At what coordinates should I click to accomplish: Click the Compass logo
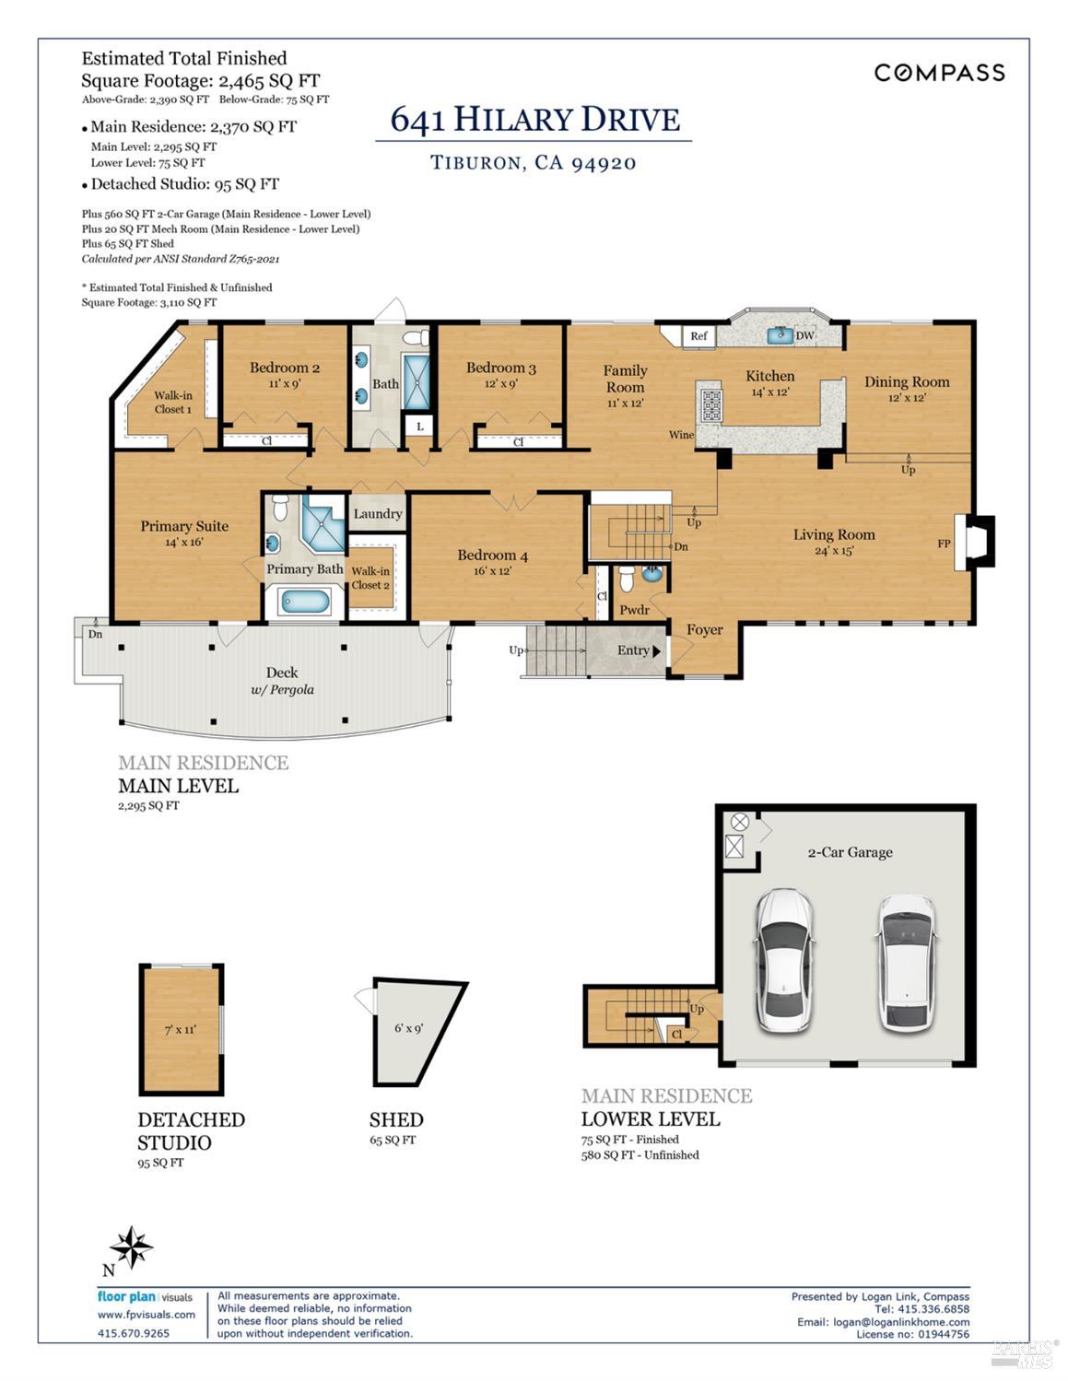[938, 73]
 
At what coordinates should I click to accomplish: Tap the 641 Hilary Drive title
[534, 120]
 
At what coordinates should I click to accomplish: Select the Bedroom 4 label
[493, 556]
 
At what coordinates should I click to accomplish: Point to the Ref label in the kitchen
[698, 336]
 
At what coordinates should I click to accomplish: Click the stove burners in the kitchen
[711, 405]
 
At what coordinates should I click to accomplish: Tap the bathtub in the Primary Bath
[305, 603]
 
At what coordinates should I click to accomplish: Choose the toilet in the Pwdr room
[627, 579]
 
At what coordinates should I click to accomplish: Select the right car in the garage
[905, 963]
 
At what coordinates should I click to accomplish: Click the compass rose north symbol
[132, 1249]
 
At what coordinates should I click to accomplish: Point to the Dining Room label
[906, 382]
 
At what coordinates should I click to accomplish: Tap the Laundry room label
[377, 514]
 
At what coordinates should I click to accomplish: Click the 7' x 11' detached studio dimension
[180, 1029]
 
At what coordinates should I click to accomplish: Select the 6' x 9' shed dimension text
[408, 1027]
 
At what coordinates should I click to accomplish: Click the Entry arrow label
[639, 650]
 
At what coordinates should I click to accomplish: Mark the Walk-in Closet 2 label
[370, 578]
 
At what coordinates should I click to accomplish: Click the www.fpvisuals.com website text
[147, 1315]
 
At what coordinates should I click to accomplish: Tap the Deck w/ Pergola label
[282, 681]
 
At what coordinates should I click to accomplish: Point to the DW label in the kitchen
[804, 336]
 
